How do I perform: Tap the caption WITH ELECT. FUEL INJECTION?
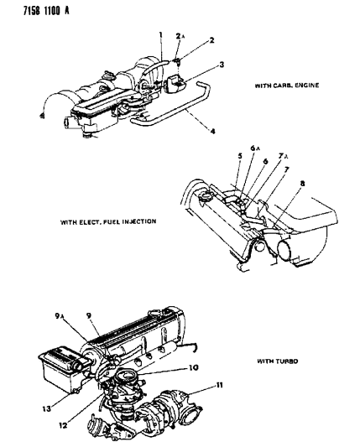pos(108,222)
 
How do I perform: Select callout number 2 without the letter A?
pos(211,39)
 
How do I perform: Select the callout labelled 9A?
pos(60,317)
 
